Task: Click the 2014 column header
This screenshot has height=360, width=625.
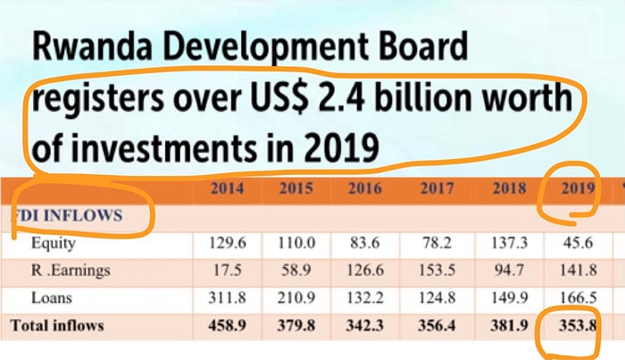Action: point(228,188)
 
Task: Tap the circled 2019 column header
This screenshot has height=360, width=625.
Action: point(571,188)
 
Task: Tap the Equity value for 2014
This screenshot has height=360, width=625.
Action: point(228,243)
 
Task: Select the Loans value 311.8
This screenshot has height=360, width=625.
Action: point(228,297)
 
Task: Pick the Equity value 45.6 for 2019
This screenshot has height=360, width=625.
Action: point(571,243)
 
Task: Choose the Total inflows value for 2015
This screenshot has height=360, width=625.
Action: point(294,325)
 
